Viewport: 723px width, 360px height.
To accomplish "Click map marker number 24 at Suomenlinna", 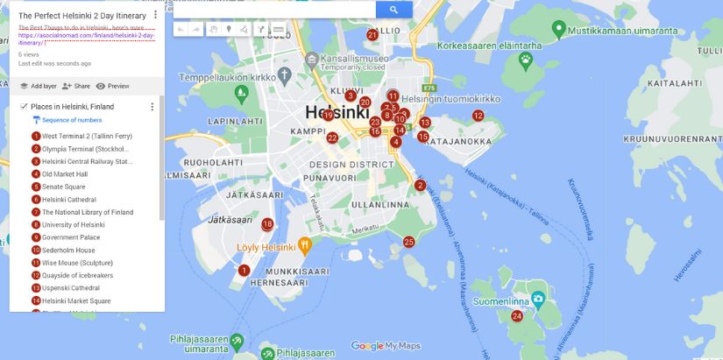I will click(x=517, y=316).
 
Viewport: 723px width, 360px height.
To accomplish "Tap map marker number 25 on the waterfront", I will click(x=408, y=242).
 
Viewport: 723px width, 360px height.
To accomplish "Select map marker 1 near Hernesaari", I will click(x=245, y=271).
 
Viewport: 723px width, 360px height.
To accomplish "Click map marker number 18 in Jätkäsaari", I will click(x=267, y=224).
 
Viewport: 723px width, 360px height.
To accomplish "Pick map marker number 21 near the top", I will click(x=372, y=35).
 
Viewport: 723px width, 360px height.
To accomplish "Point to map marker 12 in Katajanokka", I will click(x=478, y=116).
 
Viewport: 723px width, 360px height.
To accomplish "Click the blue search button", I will click(x=393, y=10).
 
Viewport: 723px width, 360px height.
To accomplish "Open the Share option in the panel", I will click(x=76, y=86).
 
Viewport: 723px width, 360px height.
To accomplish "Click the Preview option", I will click(x=112, y=86).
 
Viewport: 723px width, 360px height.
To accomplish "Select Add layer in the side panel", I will click(x=38, y=86).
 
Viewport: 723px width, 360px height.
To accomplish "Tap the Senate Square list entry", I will click(x=63, y=187).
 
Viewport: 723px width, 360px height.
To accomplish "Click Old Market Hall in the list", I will click(x=65, y=173).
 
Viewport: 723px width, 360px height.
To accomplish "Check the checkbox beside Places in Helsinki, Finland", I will click(x=24, y=106).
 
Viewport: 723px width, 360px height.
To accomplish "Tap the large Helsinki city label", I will click(x=337, y=112).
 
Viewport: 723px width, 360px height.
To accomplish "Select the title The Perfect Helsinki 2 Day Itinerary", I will click(x=82, y=15).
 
